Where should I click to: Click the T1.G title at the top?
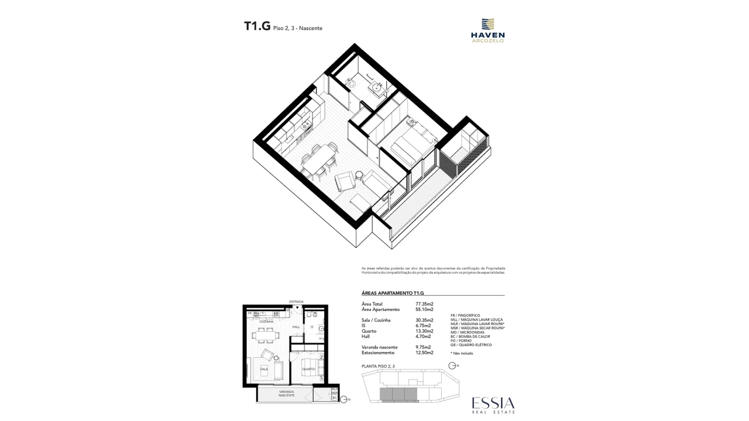tap(257, 26)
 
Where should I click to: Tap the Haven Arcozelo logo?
tap(487, 30)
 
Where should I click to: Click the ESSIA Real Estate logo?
tap(493, 405)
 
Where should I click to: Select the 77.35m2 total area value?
tap(424, 304)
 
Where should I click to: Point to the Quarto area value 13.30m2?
tap(424, 331)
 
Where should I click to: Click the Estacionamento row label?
tap(378, 353)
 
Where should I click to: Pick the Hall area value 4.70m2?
tap(422, 336)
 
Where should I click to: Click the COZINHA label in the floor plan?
tap(267, 322)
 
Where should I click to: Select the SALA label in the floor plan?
tap(264, 369)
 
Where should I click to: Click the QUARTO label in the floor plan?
tap(308, 369)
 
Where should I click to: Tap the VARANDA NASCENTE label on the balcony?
tap(286, 394)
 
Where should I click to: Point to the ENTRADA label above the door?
tap(296, 302)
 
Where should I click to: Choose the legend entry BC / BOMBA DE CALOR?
tap(474, 336)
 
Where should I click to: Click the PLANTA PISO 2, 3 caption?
tap(379, 366)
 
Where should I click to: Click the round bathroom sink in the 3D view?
tap(376, 89)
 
